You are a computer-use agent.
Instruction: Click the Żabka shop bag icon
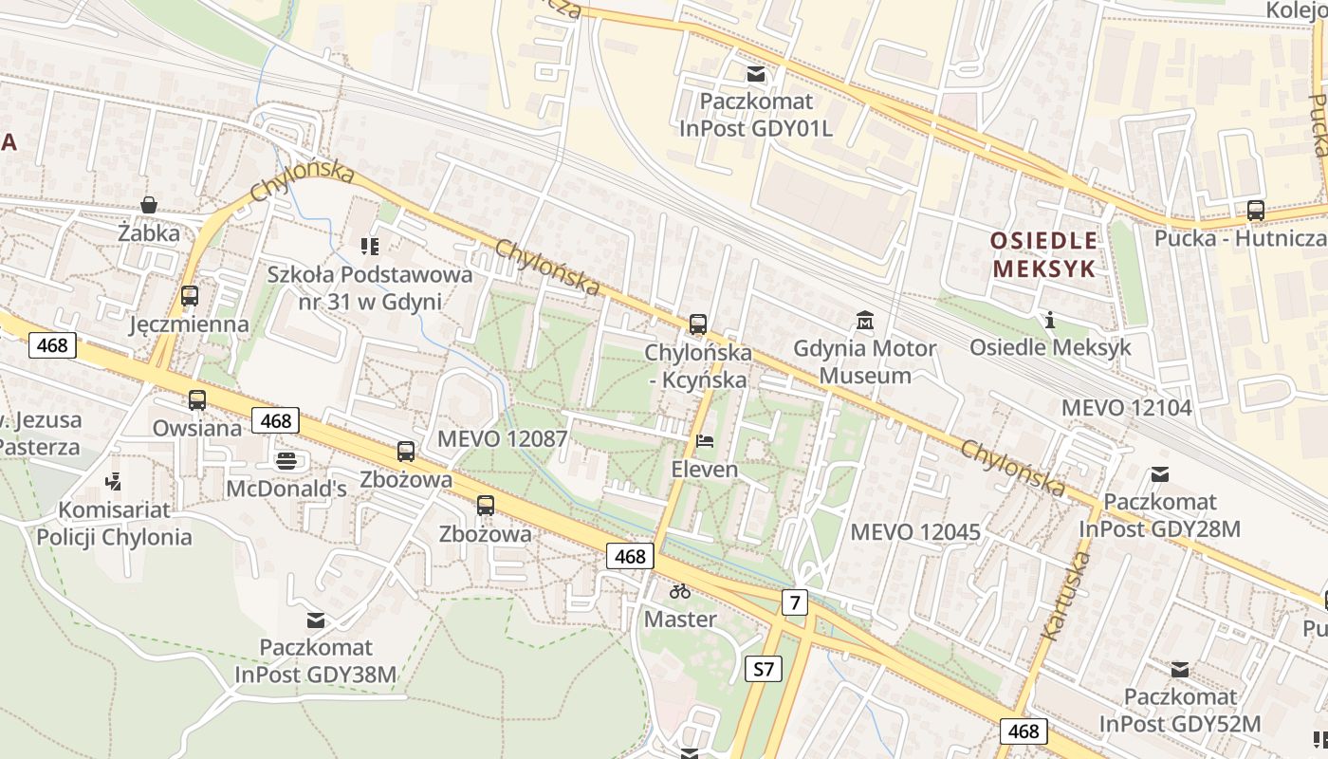click(149, 205)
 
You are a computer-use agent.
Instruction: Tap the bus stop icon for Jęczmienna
click(190, 296)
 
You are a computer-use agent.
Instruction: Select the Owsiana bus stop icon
click(197, 400)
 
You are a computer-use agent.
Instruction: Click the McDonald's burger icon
click(286, 461)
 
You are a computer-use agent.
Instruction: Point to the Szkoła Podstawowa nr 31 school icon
click(370, 247)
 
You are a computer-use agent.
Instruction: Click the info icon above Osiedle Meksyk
click(1050, 320)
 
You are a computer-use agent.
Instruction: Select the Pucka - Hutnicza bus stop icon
click(1256, 211)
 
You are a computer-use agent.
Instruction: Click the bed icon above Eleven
click(704, 441)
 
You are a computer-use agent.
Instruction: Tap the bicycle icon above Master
click(680, 591)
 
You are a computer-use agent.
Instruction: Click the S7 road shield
click(764, 669)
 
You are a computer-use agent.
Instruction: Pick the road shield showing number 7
click(795, 601)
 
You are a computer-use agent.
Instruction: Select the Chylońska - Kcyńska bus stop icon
click(698, 324)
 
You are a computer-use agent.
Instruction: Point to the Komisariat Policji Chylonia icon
click(114, 482)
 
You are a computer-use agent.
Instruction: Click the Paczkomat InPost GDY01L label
click(756, 114)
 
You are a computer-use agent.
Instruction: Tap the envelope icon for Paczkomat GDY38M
click(316, 620)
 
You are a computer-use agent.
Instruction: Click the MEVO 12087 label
click(502, 439)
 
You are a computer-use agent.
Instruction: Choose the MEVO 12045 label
click(915, 531)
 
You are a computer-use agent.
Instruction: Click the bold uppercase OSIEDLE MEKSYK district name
click(1043, 254)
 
